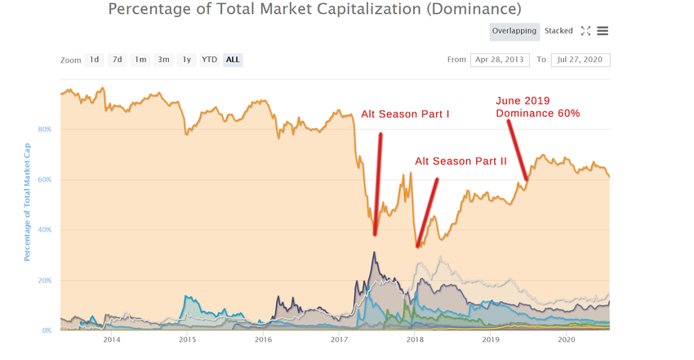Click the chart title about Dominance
314,10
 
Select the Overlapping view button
514,31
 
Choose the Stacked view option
559,31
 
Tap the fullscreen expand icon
585,31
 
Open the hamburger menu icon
603,31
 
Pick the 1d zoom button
95,60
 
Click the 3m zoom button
164,60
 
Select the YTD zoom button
210,60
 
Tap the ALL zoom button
233,60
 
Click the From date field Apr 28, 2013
500,60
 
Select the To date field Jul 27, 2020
581,60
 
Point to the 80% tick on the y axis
45,129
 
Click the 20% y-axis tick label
45,280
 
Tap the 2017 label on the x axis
339,339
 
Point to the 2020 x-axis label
566,339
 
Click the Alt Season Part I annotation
405,114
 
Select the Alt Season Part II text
460,162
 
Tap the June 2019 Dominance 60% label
538,107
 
